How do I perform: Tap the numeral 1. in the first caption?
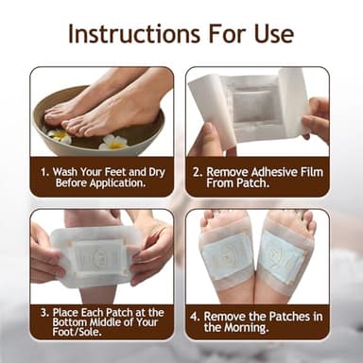point(43,173)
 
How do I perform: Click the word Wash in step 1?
point(68,173)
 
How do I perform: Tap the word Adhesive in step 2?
point(270,173)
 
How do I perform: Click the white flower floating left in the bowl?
point(59,136)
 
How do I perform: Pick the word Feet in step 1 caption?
point(112,173)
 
